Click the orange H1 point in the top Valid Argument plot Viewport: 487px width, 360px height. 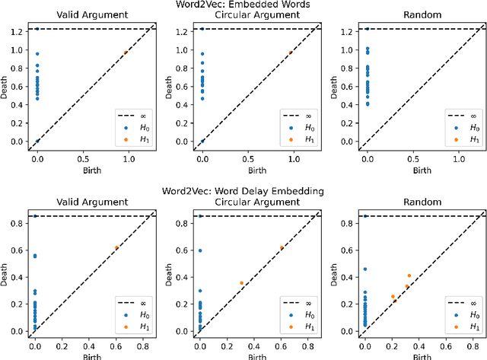click(126, 53)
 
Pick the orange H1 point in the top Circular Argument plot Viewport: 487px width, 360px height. click(291, 53)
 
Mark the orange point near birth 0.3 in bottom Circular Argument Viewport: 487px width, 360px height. click(242, 283)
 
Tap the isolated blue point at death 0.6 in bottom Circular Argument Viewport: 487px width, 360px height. click(200, 250)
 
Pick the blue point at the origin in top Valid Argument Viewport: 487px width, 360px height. click(37, 142)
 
